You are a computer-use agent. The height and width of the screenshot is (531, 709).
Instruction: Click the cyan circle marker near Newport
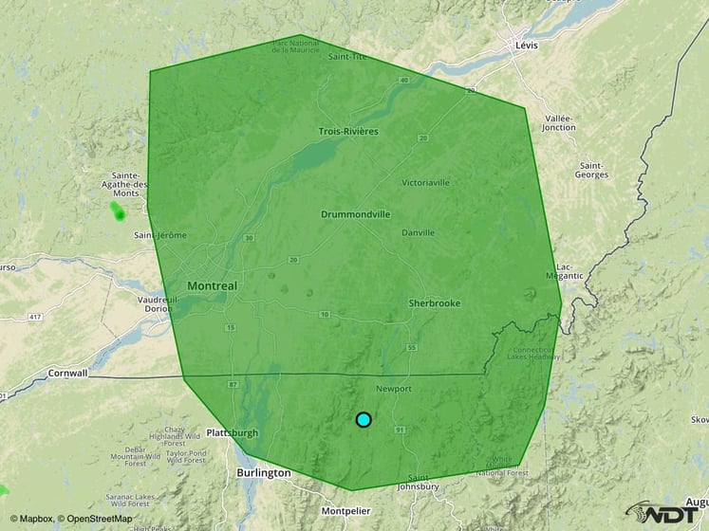pos(364,419)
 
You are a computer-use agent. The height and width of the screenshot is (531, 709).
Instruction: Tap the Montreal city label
pos(213,285)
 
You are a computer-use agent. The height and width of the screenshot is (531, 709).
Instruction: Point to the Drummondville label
pos(355,214)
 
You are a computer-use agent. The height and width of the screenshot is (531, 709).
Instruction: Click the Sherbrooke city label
pos(434,302)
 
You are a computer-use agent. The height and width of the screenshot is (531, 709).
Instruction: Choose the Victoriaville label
pos(425,181)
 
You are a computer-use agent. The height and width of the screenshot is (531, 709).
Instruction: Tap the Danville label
pos(418,232)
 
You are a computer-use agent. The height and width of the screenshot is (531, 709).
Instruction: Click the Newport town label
pos(393,389)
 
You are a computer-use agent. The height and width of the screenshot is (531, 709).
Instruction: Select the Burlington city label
pos(264,472)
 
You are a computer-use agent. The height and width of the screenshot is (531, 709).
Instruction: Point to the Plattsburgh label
pos(232,433)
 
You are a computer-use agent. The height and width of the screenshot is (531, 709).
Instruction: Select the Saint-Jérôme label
pos(160,235)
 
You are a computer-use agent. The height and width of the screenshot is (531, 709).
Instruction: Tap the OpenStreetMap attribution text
pos(99,519)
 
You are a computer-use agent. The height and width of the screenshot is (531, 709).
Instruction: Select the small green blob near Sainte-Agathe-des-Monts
pos(118,211)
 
